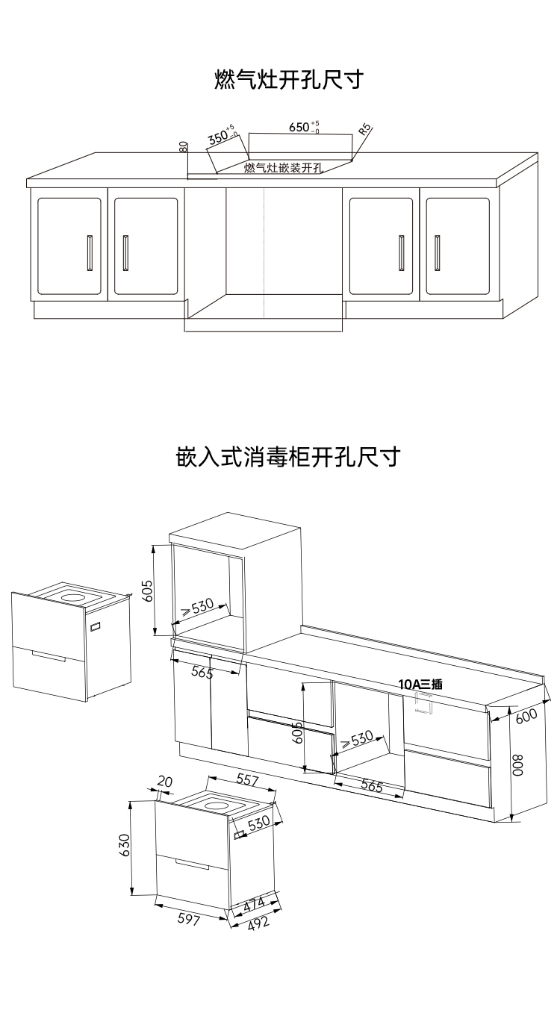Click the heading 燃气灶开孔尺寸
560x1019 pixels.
click(x=288, y=79)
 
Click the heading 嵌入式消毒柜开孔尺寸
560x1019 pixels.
click(x=288, y=455)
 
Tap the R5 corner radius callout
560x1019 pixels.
click(x=364, y=128)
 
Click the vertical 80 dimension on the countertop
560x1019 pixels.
click(x=183, y=146)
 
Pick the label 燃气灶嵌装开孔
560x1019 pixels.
click(x=283, y=167)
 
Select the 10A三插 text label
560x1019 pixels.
click(x=420, y=683)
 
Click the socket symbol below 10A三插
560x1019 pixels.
click(x=423, y=702)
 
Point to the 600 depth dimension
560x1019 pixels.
click(x=526, y=715)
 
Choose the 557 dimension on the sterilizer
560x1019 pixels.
click(x=248, y=780)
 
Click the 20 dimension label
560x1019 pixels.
click(x=165, y=782)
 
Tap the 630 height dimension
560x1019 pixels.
click(x=125, y=847)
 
